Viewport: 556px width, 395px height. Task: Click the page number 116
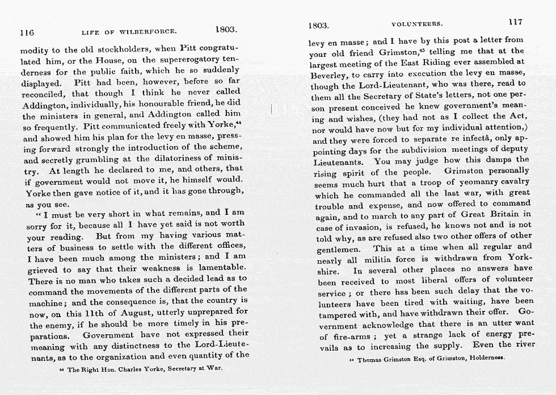click(x=27, y=32)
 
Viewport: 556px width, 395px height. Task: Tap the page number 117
click(x=515, y=22)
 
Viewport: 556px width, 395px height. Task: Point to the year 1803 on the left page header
click(x=226, y=29)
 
